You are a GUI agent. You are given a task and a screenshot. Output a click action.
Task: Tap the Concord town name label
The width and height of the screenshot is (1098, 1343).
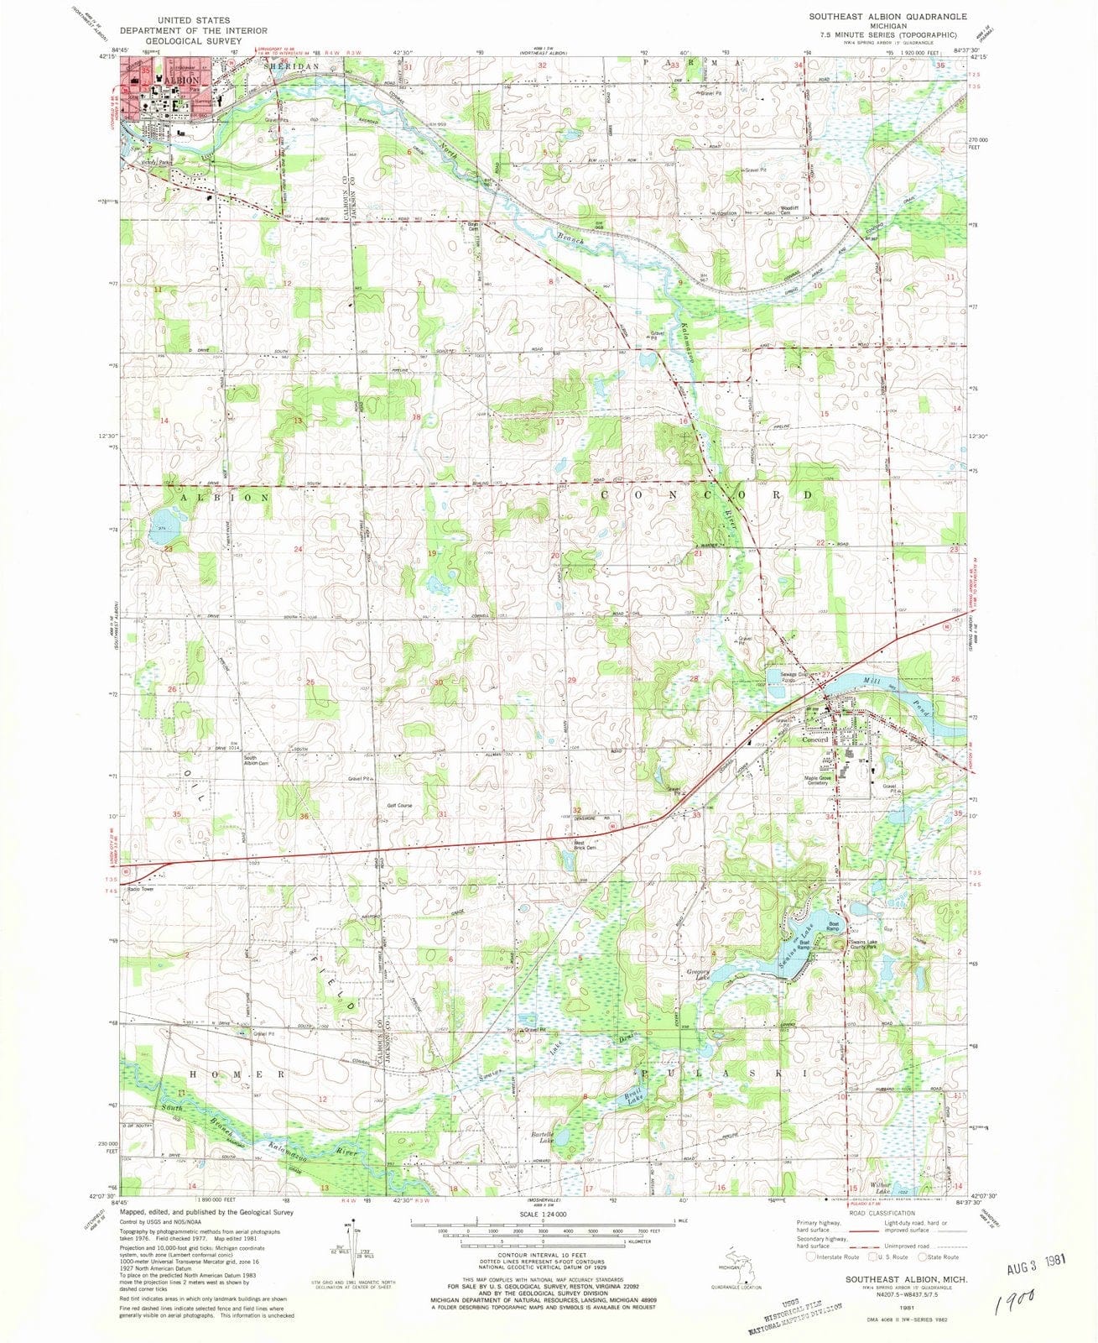[x=814, y=739]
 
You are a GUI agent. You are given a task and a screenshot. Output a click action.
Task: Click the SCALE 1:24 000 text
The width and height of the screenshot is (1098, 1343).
[x=543, y=1214]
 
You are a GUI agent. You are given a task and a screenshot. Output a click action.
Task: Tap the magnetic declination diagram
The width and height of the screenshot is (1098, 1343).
[x=336, y=1251]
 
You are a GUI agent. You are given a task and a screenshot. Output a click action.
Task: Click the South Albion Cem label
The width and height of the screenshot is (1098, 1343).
[x=255, y=760]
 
